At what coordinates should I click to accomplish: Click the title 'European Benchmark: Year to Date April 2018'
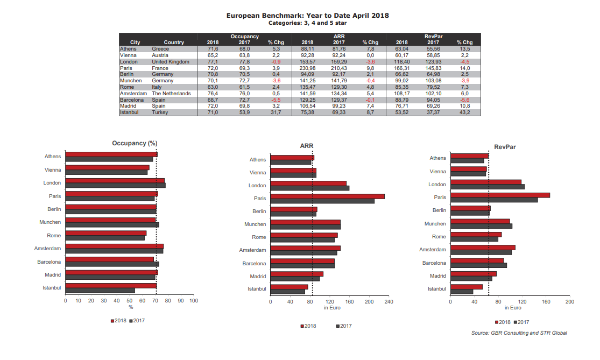(x=307, y=15)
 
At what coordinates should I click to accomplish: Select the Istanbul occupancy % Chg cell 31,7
(x=276, y=112)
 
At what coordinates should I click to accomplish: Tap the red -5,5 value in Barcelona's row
(x=276, y=100)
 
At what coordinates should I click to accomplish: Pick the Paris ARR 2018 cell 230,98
(x=307, y=68)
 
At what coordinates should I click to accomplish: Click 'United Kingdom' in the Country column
(x=171, y=61)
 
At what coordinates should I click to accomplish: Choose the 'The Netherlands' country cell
(x=172, y=93)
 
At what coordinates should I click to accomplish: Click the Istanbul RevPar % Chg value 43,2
(x=464, y=112)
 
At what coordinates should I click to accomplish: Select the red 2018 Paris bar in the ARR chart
(x=327, y=196)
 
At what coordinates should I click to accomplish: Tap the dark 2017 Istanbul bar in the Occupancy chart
(x=100, y=291)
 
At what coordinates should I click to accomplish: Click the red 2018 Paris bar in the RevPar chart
(x=500, y=195)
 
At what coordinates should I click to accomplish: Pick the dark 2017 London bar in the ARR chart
(x=310, y=188)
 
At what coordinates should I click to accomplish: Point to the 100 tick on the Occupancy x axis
(x=194, y=300)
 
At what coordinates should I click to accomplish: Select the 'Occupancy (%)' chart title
(x=135, y=143)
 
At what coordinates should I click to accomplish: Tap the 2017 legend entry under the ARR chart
(x=343, y=326)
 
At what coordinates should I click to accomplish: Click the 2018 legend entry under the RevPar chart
(x=502, y=322)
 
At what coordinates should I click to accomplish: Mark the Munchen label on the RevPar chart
(x=435, y=223)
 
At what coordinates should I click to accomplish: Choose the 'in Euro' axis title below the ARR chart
(x=332, y=308)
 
